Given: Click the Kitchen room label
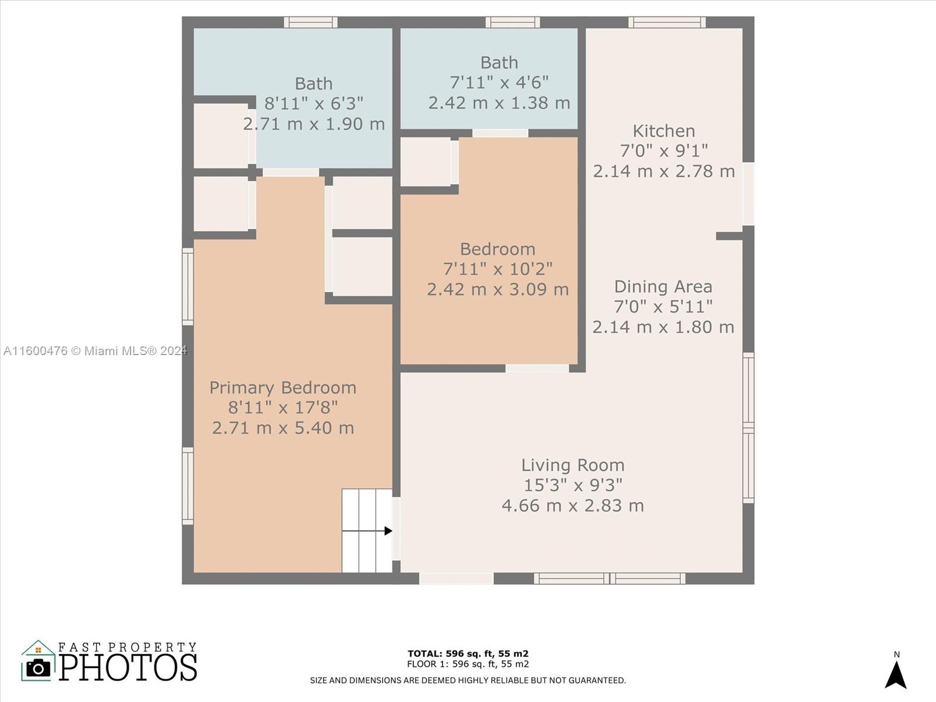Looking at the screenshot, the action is pos(663,131).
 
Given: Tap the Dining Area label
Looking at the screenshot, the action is pos(663,287).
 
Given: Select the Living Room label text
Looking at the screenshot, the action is pos(573,465).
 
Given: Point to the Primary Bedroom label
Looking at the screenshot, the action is pos(283,388).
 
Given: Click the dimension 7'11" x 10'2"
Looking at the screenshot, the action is pos(498,269).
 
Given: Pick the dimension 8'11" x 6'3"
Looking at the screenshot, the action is pos(314,103).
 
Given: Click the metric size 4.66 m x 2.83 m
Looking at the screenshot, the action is pos(573,505).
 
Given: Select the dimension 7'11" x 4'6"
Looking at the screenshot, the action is pos(499,82).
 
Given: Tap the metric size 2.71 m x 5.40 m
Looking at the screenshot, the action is pos(283,428).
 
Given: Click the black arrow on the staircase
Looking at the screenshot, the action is pos(367,531).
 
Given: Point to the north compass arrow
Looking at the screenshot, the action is pos(896,675).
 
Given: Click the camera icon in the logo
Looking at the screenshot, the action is pos(38,668).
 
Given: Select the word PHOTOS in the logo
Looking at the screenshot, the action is pos(128,667).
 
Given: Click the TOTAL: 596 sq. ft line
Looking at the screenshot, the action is pos(468,653).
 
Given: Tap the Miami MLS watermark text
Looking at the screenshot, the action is pos(95,351).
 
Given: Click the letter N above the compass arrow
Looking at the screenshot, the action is pos(896,654).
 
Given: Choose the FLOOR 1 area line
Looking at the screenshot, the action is pos(468,664).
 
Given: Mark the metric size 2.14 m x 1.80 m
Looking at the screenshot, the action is pos(663,327).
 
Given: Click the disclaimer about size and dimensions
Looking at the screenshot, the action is pos(468,681).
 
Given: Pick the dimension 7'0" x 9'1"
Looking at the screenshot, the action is pos(663,150).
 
